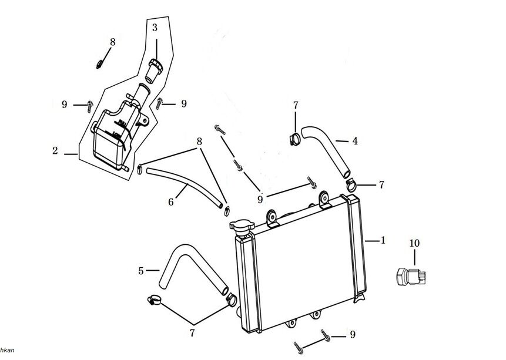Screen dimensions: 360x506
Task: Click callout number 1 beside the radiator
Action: pyautogui.click(x=383, y=240)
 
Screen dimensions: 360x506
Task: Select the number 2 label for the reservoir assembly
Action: pyautogui.click(x=55, y=151)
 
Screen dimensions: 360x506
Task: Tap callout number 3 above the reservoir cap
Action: pyautogui.click(x=155, y=28)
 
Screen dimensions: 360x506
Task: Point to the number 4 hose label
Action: pyautogui.click(x=355, y=141)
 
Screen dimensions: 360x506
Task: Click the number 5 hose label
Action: pyautogui.click(x=141, y=271)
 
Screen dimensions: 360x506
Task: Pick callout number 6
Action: pyautogui.click(x=171, y=201)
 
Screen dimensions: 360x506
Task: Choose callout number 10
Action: pyautogui.click(x=414, y=243)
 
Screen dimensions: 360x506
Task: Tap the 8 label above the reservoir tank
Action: pyautogui.click(x=113, y=42)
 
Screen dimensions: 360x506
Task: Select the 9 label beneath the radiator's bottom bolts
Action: pyautogui.click(x=352, y=335)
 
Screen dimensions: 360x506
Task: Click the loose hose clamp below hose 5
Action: pyautogui.click(x=154, y=301)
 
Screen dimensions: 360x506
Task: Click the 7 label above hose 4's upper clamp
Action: pyautogui.click(x=296, y=105)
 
